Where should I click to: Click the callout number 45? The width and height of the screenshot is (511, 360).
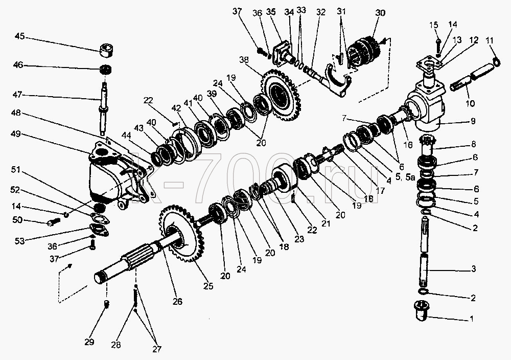(20, 36)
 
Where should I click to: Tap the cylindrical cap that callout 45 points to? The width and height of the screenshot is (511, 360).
(107, 51)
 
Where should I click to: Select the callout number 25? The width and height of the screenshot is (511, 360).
(208, 286)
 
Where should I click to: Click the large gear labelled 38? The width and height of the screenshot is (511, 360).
(281, 95)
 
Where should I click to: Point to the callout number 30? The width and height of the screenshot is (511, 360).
(380, 13)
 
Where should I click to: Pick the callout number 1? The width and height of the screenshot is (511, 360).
(471, 319)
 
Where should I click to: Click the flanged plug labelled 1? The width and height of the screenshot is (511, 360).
(422, 311)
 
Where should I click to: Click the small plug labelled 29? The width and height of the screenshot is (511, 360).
(106, 304)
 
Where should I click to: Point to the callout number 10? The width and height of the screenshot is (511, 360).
(470, 103)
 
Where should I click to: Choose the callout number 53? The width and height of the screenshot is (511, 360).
(20, 241)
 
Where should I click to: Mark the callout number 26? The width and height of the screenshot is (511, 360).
(177, 301)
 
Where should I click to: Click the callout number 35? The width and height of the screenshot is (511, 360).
(271, 12)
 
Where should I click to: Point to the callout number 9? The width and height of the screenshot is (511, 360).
(472, 121)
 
